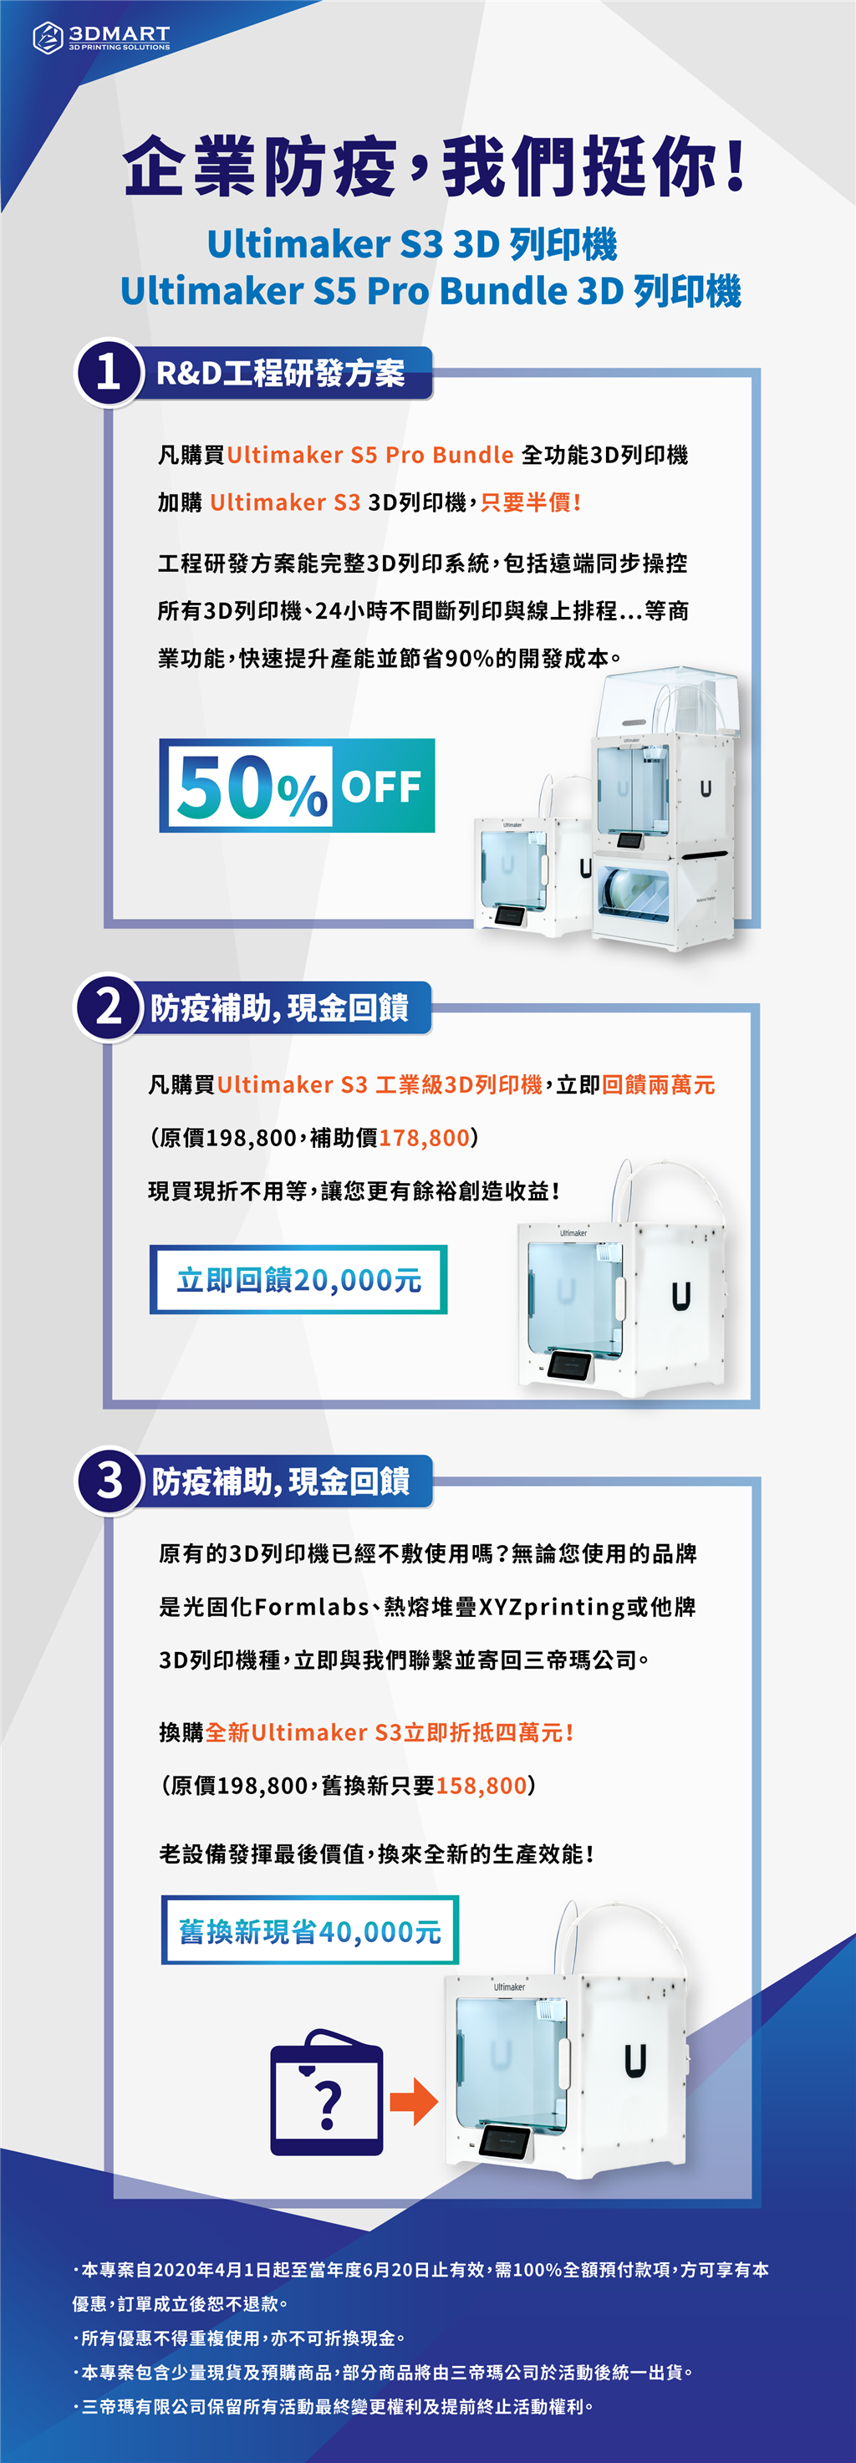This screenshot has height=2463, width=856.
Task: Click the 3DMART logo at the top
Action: tap(101, 38)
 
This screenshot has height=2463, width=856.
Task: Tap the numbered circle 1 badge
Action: tap(109, 373)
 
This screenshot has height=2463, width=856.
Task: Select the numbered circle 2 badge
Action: tap(108, 1007)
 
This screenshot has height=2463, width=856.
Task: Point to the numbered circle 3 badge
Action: tap(109, 1480)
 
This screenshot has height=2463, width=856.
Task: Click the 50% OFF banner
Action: tap(298, 786)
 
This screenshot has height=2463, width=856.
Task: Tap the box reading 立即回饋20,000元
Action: tap(298, 1279)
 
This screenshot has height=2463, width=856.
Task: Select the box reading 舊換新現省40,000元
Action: tap(310, 1930)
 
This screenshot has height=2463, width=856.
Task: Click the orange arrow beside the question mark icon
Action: tap(413, 2101)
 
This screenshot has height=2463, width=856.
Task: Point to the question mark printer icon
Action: tap(327, 2093)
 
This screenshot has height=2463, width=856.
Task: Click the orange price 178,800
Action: tap(425, 1138)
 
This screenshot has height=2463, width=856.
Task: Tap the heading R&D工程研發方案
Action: tap(280, 373)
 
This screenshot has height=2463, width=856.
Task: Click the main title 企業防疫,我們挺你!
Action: tap(436, 166)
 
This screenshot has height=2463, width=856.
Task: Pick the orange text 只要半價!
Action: tap(531, 502)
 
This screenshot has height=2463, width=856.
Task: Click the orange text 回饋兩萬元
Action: tap(659, 1084)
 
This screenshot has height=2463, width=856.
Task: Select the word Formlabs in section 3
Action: tap(312, 1606)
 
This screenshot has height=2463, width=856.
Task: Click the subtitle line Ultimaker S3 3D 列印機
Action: tap(412, 245)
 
